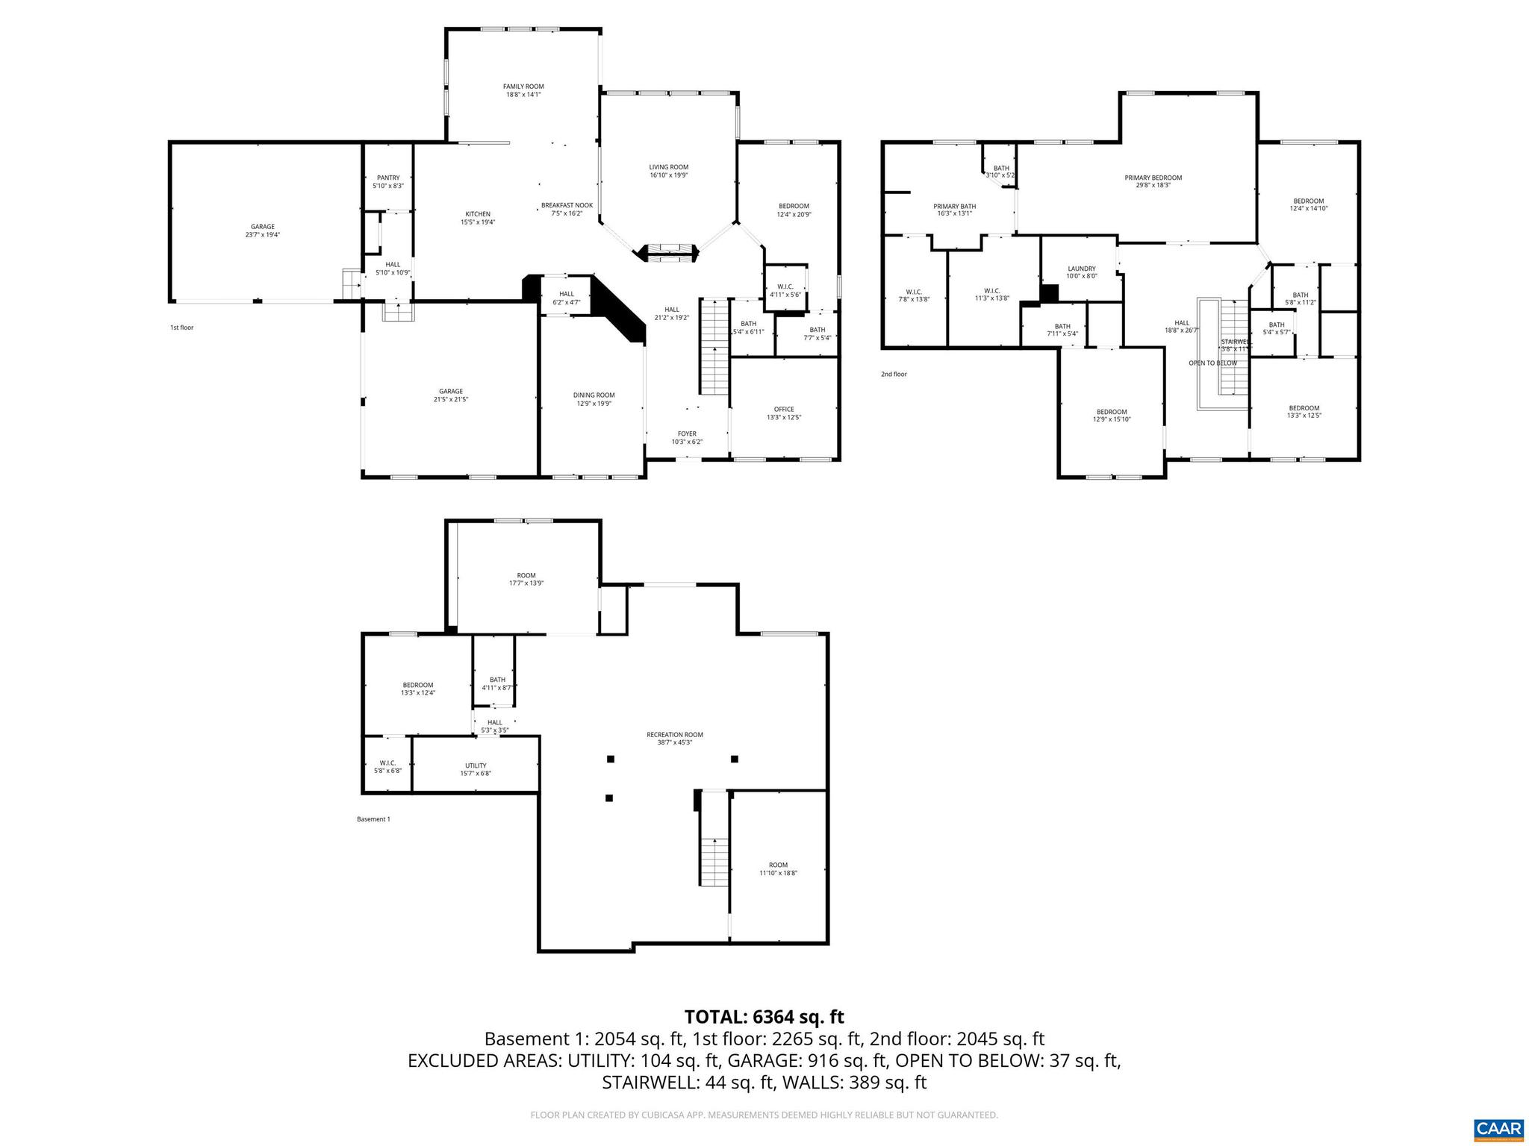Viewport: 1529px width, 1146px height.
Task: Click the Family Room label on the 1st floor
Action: pos(523,90)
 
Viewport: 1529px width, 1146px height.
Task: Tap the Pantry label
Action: pos(388,181)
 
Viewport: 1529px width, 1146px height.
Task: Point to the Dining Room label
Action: pos(594,399)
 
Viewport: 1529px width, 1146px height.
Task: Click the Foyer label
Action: pos(687,437)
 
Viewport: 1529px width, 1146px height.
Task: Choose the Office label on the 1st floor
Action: pos(783,413)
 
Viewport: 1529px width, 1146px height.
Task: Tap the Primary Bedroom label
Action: pos(1153,181)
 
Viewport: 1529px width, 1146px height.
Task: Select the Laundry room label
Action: pos(1081,272)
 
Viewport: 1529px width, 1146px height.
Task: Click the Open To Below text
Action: pos(1212,363)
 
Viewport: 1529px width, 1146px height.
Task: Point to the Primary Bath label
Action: pos(954,210)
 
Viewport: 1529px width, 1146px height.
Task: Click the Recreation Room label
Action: pos(674,738)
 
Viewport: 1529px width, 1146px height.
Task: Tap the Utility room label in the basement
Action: pos(476,769)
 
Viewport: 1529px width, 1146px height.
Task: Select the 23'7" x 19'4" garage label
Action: pos(262,231)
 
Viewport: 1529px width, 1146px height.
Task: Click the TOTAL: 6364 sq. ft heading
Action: pos(764,1017)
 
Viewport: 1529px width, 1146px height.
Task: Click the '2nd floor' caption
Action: pos(894,375)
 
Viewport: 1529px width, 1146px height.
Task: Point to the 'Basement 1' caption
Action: pos(373,819)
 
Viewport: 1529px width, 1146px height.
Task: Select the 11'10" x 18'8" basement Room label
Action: pos(778,869)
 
